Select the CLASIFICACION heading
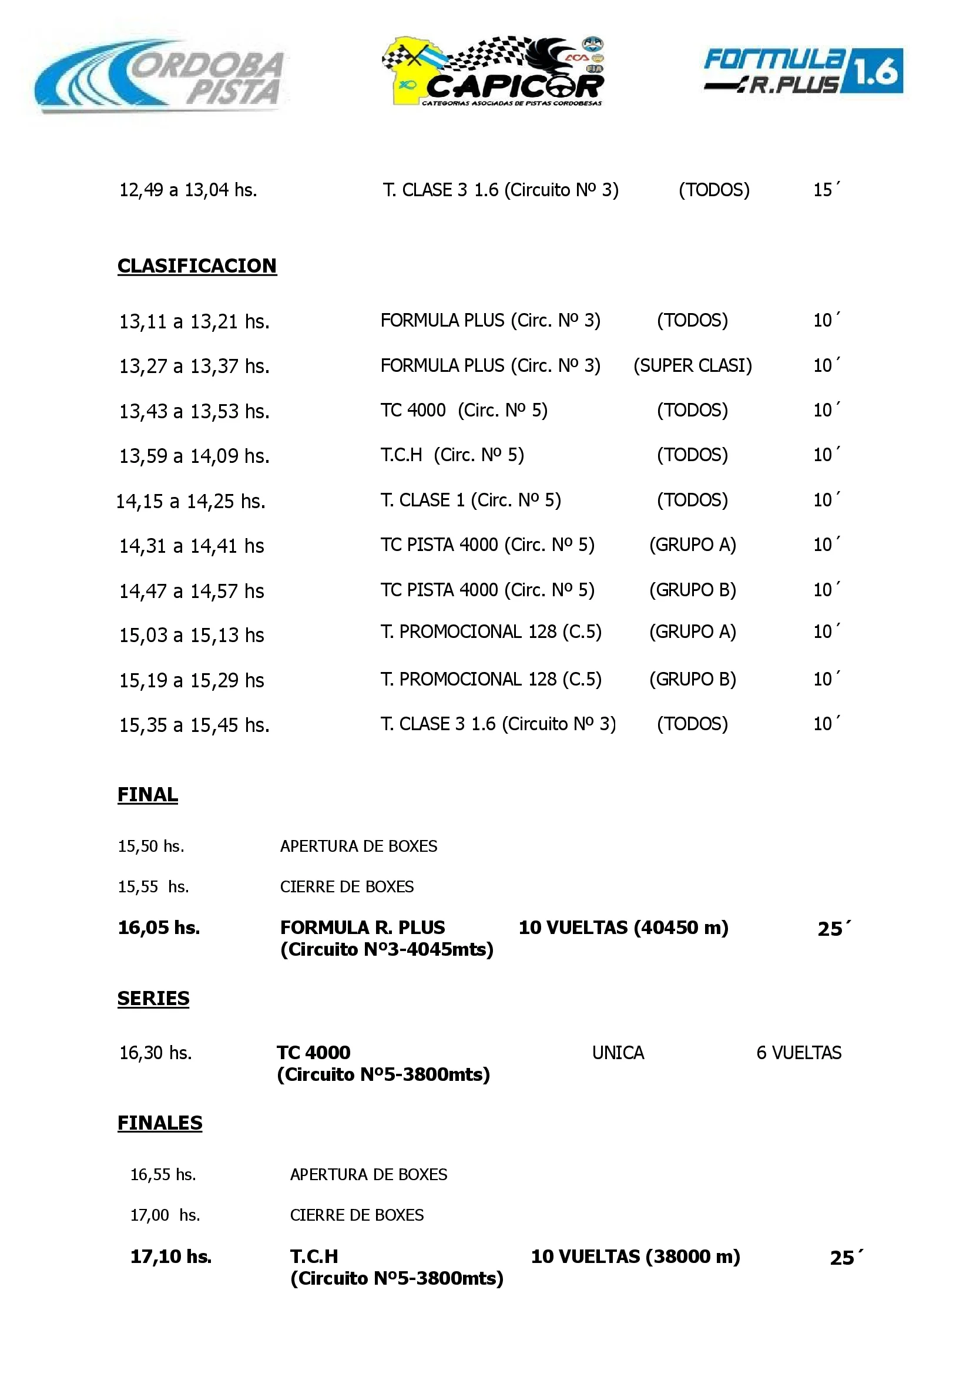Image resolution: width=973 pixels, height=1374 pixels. pos(196,266)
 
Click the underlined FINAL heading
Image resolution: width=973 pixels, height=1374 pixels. pos(147,794)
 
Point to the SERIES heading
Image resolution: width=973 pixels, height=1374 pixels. pos(153,998)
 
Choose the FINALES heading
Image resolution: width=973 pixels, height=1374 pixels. pos(160,1123)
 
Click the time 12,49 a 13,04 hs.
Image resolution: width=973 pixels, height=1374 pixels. pos(187,190)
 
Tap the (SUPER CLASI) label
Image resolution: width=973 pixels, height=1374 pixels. pos(693,365)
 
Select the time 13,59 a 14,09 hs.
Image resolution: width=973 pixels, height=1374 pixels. pos(194,456)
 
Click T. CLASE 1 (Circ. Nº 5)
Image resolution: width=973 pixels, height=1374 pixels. pos(470,500)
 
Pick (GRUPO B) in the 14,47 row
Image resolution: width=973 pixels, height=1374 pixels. pos(693,590)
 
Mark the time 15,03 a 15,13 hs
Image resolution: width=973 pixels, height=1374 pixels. pos(191,635)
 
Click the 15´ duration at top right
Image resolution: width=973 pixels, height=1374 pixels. pos(826,190)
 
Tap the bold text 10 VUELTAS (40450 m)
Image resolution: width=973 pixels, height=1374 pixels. pos(623,928)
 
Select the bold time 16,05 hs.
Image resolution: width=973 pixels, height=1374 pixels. pos(159,928)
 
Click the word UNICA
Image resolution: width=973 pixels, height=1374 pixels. pos(618,1052)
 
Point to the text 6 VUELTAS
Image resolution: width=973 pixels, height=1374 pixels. pos(798,1052)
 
